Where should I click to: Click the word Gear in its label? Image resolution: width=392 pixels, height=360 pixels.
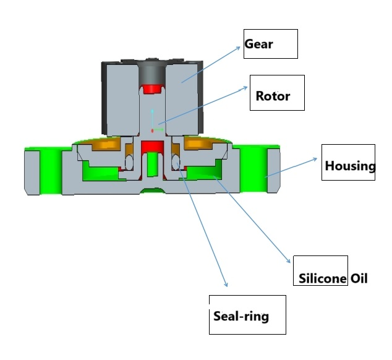[x=258, y=44]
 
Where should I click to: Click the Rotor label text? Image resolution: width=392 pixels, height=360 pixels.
[x=272, y=96]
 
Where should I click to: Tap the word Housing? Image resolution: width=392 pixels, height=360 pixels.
[x=350, y=166]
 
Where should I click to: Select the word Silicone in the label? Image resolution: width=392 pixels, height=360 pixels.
[x=322, y=278]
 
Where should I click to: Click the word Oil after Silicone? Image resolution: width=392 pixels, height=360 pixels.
[x=359, y=278]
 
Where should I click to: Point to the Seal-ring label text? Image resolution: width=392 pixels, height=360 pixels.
[x=241, y=316]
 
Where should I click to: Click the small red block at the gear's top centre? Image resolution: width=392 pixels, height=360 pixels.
[x=151, y=90]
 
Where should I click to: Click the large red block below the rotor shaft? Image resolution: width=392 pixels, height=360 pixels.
[x=151, y=147]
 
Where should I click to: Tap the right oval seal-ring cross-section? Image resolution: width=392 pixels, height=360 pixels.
[x=175, y=163]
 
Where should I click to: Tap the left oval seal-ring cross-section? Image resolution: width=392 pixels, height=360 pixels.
[x=129, y=161]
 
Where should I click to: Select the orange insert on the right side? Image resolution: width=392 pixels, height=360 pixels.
[x=200, y=144]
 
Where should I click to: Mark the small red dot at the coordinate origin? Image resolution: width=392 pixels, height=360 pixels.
[x=152, y=131]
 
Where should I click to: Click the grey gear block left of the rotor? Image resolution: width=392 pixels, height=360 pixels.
[x=124, y=99]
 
